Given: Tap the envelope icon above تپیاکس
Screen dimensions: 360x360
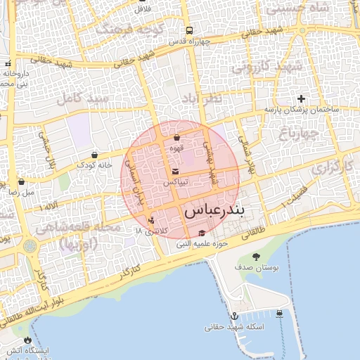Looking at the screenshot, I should [x=175, y=172].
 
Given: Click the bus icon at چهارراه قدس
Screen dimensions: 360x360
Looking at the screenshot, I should [x=189, y=31].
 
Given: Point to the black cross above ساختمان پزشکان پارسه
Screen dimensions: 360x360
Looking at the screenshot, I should [x=302, y=98].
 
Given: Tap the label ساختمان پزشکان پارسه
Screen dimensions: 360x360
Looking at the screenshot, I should [x=302, y=110].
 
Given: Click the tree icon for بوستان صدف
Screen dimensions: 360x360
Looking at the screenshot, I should [x=255, y=257].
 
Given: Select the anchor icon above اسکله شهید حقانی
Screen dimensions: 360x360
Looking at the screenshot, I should [x=234, y=316].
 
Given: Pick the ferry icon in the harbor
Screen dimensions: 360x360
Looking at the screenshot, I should [x=280, y=313].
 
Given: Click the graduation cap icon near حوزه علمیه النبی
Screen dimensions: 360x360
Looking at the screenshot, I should [x=202, y=233].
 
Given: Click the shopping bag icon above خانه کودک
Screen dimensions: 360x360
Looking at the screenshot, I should [x=94, y=155].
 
